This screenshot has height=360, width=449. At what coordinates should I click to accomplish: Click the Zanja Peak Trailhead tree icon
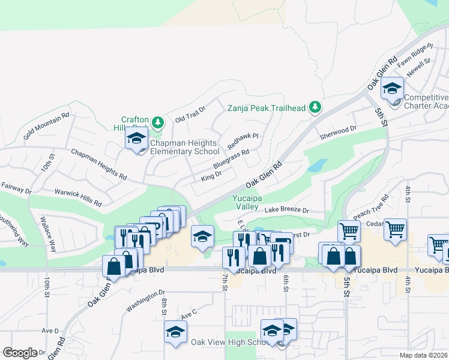pyautogui.click(x=315, y=108)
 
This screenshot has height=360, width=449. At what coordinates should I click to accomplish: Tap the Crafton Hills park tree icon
pyautogui.click(x=158, y=123)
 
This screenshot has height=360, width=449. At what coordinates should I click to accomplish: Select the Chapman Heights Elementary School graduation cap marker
pyautogui.click(x=137, y=139)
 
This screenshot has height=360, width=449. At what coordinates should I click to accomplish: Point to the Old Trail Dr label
pyautogui.click(x=190, y=113)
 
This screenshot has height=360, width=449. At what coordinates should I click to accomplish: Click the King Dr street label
pyautogui.click(x=211, y=175)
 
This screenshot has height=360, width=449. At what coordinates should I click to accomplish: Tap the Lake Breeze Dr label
pyautogui.click(x=286, y=211)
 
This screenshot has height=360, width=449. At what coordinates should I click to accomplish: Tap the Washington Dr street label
pyautogui.click(x=145, y=301)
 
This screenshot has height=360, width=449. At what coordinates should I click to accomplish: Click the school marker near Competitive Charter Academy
pyautogui.click(x=392, y=88)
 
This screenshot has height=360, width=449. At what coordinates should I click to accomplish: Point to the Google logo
pyautogui.click(x=20, y=353)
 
